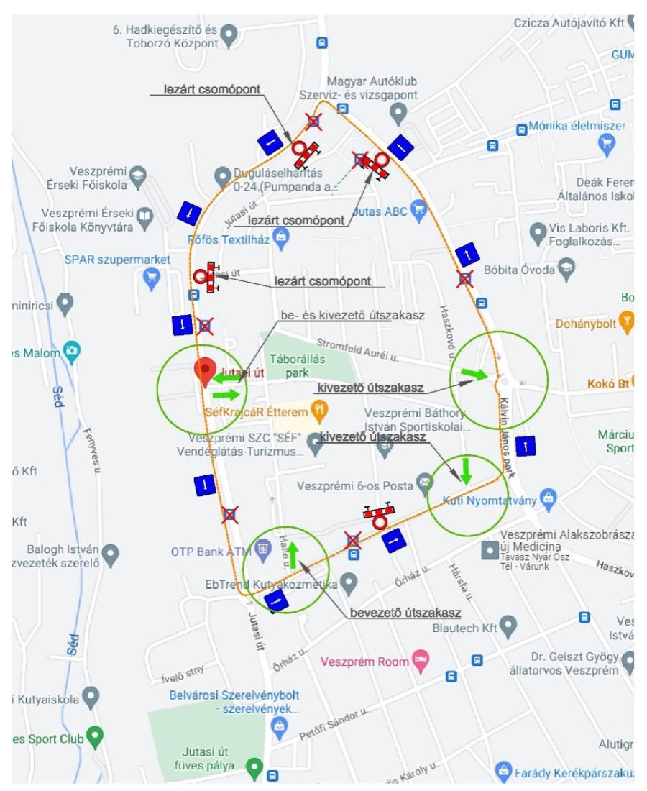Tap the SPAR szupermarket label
[117, 260]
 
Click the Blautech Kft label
[464, 628]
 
